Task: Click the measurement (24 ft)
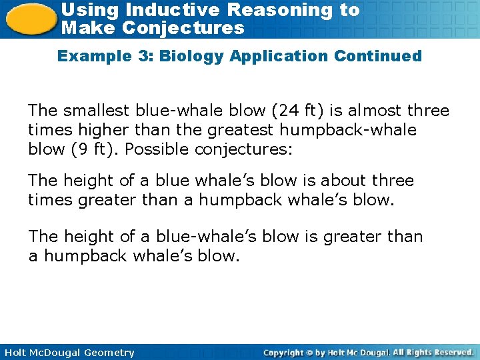coord(311,110)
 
